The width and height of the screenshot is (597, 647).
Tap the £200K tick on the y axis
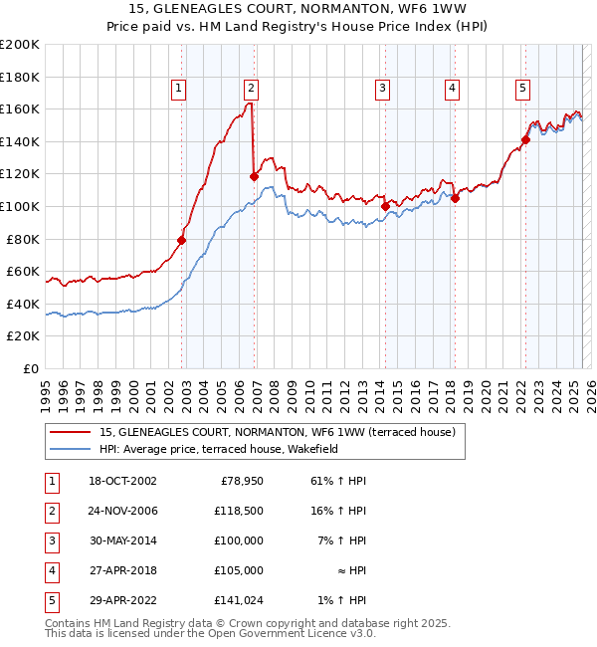[20, 45]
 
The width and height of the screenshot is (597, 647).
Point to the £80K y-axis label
[22, 239]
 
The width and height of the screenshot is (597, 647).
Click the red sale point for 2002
[182, 240]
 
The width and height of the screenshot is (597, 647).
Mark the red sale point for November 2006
[254, 176]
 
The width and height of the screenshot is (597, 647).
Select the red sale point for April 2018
[455, 198]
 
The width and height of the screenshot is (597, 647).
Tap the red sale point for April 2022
[525, 139]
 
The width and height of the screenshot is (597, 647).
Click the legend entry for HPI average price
[219, 449]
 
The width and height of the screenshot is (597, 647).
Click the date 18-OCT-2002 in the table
[122, 481]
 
